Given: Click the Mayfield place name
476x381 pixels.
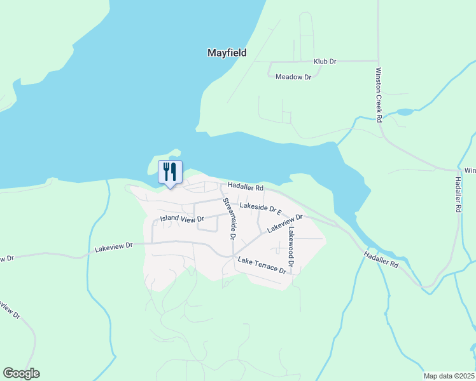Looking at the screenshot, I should coord(227,53).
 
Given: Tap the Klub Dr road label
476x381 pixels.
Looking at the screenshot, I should coord(325,62).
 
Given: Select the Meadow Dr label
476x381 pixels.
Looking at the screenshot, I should coord(293,77).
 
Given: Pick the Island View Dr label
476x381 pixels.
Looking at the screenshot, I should coord(181,218).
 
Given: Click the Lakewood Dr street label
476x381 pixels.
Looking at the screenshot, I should coord(291,247).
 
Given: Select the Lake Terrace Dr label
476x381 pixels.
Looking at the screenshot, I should coord(262,265).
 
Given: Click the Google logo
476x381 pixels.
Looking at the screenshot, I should coord(21,373).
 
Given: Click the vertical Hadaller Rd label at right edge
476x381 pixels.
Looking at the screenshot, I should coord(458,193).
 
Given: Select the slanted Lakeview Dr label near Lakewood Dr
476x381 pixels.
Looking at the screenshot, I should coord(284,223).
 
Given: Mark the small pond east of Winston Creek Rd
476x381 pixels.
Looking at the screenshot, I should coord(405,112).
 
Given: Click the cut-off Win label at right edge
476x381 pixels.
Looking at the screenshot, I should coord(470,170).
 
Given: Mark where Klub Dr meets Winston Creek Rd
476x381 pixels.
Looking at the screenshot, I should coord(378,62).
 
